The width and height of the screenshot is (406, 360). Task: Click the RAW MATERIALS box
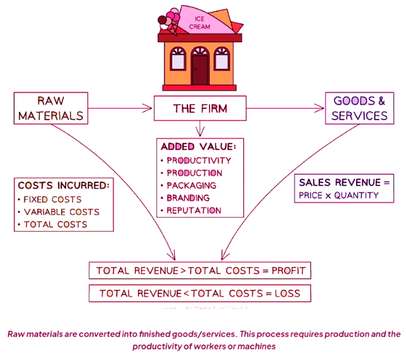pos(51,107)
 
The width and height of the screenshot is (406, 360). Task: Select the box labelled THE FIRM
pos(200,108)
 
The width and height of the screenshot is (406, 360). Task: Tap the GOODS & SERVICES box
pos(360,108)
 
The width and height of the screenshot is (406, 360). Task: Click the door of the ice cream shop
pos(200,70)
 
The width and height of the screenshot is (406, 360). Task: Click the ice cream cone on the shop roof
pos(169,21)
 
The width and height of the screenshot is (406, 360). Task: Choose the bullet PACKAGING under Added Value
pos(191,185)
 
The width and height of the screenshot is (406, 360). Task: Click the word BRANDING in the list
pos(188,198)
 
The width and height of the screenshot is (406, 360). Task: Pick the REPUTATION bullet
pos(194,210)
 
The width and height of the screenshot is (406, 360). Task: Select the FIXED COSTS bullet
pos(52,199)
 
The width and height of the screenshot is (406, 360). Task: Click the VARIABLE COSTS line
pos(61,212)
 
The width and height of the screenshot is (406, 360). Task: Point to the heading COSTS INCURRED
pos(63,185)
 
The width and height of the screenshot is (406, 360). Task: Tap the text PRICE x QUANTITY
pos(339,195)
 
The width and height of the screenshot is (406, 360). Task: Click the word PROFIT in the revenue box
pos(288,270)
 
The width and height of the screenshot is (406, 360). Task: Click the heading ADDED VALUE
pos(198,147)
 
